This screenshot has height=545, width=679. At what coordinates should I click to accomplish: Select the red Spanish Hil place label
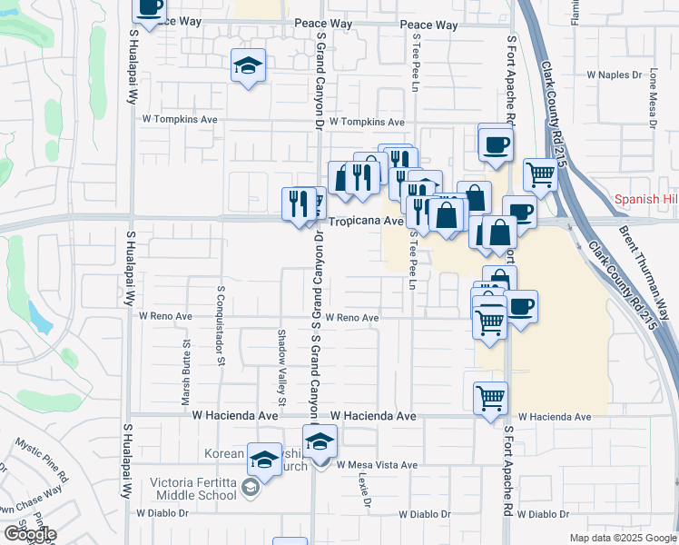[x=646, y=199]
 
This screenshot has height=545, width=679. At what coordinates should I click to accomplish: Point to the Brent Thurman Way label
[x=646, y=272]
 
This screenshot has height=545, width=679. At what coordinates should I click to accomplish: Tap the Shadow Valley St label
[x=281, y=367]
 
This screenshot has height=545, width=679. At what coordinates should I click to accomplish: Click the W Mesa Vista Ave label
[x=376, y=465]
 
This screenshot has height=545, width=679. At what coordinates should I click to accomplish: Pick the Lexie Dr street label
[x=365, y=490]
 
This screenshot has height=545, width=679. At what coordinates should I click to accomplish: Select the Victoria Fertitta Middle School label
[x=196, y=489]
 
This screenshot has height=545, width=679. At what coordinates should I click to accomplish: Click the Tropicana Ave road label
[x=365, y=221]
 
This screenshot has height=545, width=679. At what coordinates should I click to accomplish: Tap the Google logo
[x=29, y=534]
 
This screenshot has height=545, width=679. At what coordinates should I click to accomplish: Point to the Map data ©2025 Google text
[x=621, y=538]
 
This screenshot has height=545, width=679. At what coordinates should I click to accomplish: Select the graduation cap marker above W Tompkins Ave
[x=248, y=66]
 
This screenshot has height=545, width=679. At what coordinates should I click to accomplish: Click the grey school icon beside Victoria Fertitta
[x=251, y=490]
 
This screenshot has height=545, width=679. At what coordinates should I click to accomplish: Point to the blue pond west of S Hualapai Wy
[x=39, y=316]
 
